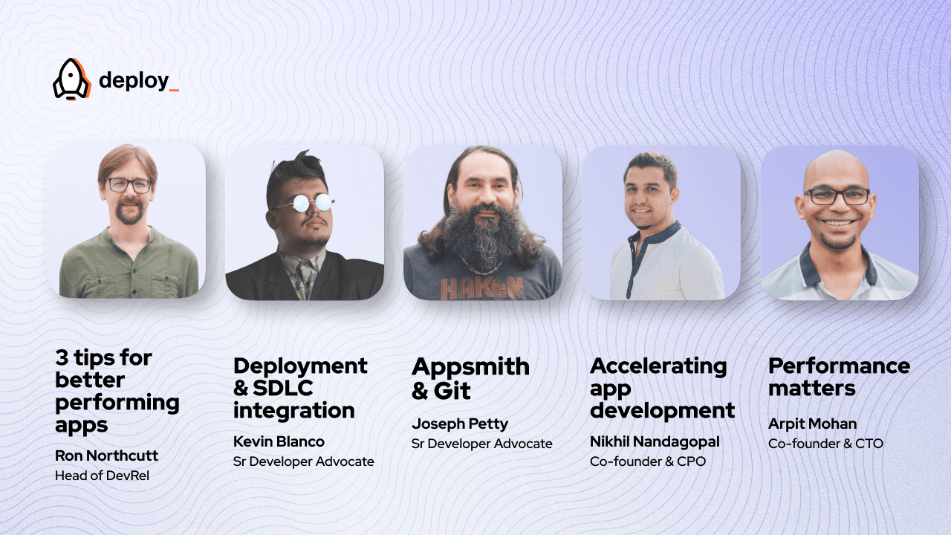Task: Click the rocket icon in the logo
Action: tap(71, 79)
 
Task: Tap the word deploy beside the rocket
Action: tap(134, 80)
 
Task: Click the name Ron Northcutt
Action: tap(106, 455)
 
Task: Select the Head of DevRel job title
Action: tap(102, 476)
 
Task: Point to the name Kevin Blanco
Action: tap(279, 441)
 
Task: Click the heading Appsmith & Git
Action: tap(470, 378)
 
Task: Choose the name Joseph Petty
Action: tap(460, 424)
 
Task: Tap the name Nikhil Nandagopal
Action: tap(655, 441)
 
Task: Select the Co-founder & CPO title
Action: tap(647, 461)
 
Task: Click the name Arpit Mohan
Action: tap(812, 424)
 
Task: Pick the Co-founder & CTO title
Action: tap(825, 444)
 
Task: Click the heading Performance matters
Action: tap(839, 377)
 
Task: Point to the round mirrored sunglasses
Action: tap(303, 202)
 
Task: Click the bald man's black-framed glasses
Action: tap(837, 196)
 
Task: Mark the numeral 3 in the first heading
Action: tap(62, 358)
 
